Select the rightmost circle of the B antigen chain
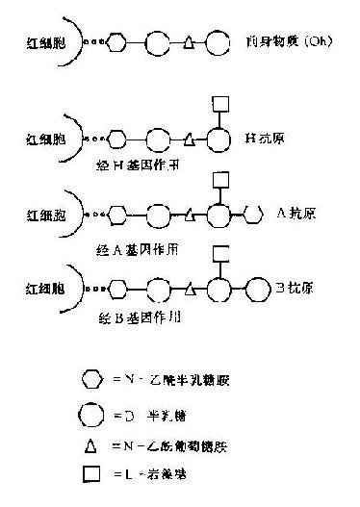(258, 287)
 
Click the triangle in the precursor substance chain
(189, 43)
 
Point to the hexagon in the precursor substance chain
(116, 43)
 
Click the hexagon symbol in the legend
(90, 377)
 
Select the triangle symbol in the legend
(90, 446)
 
